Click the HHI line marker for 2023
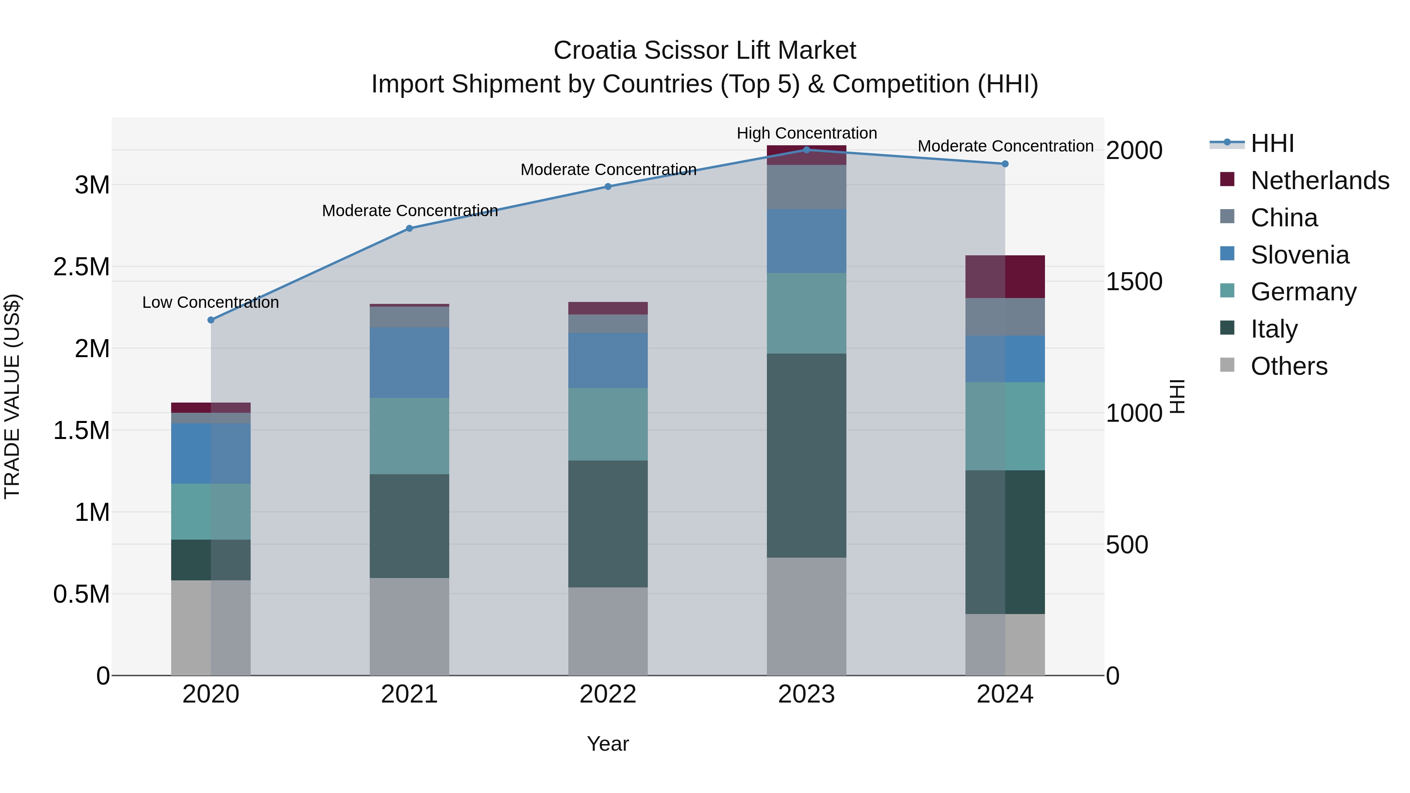[x=806, y=150]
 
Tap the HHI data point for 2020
[x=211, y=320]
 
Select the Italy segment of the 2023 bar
[x=806, y=455]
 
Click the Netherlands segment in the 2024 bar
[x=1005, y=276]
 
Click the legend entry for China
[x=1283, y=218]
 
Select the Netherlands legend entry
[x=1319, y=181]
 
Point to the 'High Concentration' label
[x=807, y=133]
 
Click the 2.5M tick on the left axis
[x=81, y=267]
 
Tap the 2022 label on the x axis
[x=607, y=694]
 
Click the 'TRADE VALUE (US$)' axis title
[x=12, y=396]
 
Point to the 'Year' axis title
[x=607, y=744]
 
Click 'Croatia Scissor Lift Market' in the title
[x=705, y=51]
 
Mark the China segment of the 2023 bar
[x=806, y=187]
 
